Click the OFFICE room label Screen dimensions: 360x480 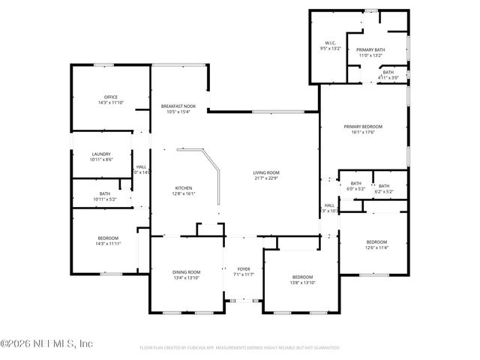click(110, 97)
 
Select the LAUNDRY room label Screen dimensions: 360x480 click(100, 154)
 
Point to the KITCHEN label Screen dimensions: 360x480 click(184, 187)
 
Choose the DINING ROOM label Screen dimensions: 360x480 click(187, 271)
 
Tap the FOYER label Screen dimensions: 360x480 click(244, 268)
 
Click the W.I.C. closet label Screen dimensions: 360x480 click(330, 43)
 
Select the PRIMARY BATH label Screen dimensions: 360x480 click(369, 49)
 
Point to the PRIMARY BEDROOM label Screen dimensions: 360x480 click(363, 127)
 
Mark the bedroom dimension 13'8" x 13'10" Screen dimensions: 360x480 click(302, 283)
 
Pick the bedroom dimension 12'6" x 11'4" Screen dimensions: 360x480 click(376, 247)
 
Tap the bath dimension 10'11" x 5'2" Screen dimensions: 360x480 click(104, 199)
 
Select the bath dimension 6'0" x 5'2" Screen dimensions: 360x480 click(355, 189)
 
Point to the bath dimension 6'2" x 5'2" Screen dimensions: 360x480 click(383, 192)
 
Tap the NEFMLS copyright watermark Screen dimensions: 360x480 click(46, 343)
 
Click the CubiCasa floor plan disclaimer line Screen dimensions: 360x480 click(240, 348)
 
